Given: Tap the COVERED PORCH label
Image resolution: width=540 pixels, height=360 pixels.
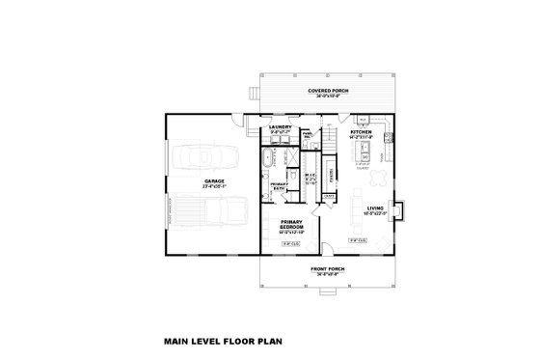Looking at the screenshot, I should [x=329, y=90].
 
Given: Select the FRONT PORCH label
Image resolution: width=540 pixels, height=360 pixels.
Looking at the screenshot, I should [x=328, y=269].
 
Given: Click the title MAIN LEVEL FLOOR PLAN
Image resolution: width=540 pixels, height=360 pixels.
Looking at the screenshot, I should [x=220, y=341].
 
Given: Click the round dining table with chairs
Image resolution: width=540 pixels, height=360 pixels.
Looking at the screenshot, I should [x=377, y=178].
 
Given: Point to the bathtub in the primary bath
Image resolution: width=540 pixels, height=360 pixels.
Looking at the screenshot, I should [x=267, y=158].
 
